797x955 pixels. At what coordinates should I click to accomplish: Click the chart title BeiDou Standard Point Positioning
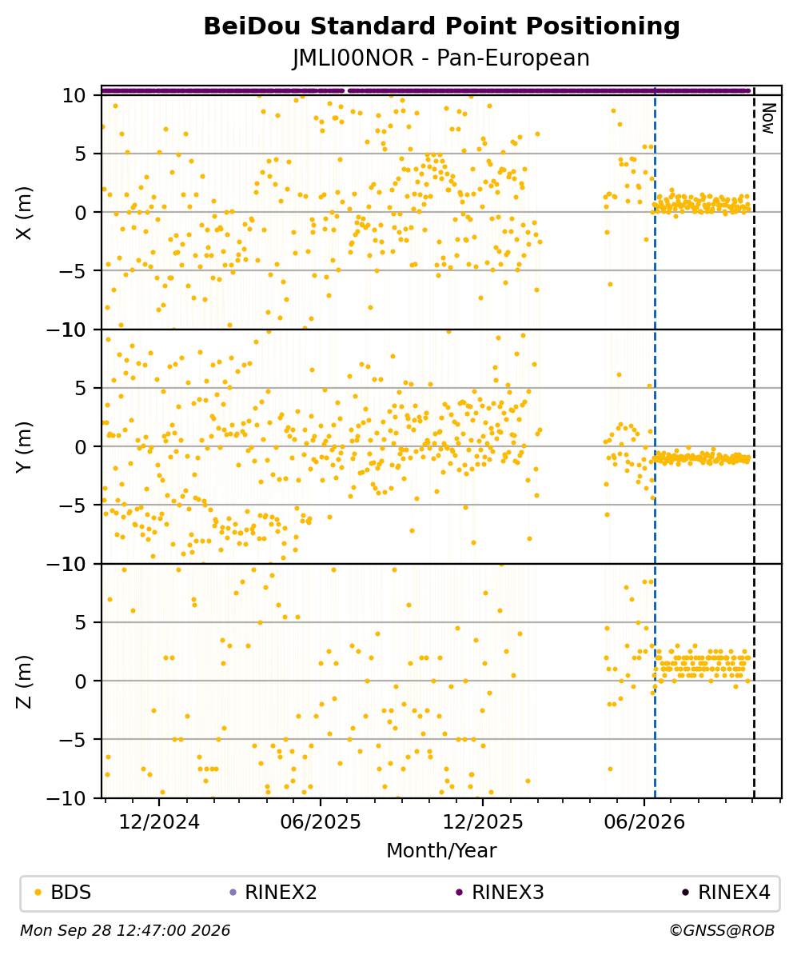pos(441,27)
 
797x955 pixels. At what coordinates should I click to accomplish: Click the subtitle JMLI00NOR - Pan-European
pos(441,58)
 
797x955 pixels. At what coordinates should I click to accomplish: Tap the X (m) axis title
pos(23,213)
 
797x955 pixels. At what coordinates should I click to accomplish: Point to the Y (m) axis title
pos(23,446)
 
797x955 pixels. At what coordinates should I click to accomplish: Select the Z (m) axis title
pos(23,681)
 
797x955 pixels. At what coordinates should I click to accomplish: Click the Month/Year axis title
pos(441,851)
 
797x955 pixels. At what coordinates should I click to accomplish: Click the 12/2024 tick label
pos(159,822)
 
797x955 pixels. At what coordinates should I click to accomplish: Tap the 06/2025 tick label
pos(321,822)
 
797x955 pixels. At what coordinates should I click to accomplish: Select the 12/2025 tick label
pos(482,822)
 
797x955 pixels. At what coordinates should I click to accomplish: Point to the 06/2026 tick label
pos(644,822)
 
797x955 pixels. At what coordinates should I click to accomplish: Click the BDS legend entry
pos(63,893)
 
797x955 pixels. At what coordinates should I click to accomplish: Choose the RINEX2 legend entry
pos(273,893)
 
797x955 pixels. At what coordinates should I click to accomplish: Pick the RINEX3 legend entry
pos(500,893)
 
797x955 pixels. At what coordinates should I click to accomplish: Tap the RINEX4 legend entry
pos(727,893)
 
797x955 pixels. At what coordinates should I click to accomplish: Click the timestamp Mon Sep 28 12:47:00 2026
pos(126,931)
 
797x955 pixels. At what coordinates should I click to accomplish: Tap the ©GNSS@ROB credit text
pos(722,931)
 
